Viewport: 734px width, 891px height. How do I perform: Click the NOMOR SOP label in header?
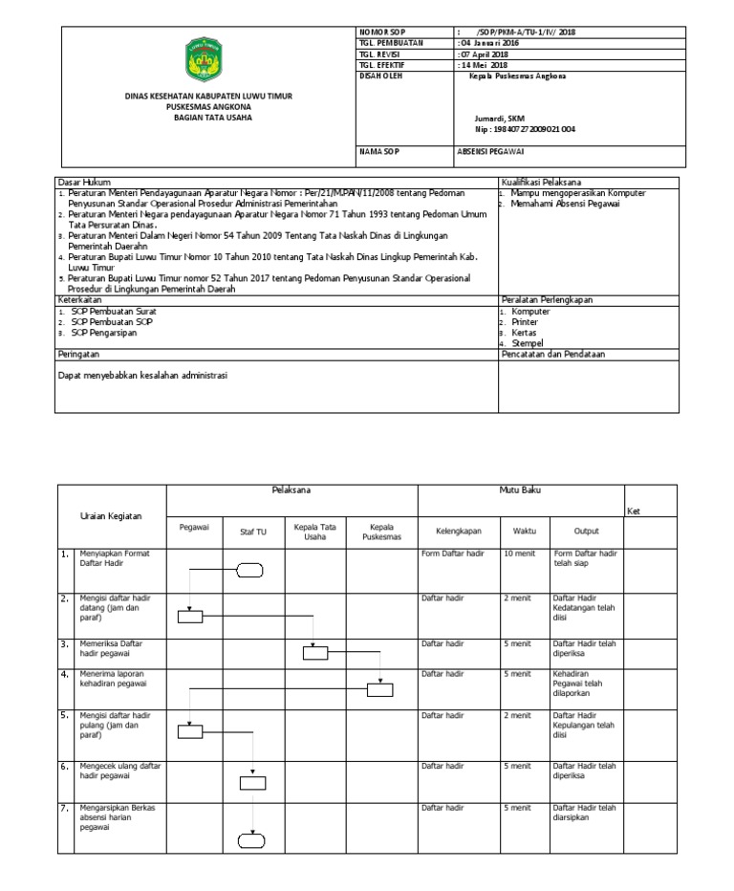[382, 33]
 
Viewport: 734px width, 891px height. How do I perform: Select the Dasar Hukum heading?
[85, 182]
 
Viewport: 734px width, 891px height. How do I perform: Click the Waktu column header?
[525, 531]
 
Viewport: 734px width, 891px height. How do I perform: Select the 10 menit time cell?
[519, 554]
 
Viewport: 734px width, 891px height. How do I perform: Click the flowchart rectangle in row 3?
[315, 654]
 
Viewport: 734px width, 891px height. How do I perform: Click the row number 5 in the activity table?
[64, 714]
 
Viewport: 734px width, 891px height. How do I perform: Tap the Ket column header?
[634, 511]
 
